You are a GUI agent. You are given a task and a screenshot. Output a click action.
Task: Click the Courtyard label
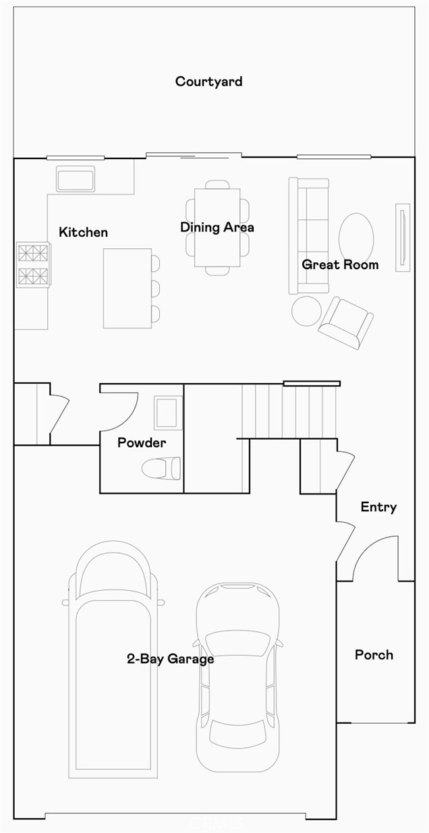(x=208, y=82)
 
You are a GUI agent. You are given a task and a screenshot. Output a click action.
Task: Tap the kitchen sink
(x=76, y=179)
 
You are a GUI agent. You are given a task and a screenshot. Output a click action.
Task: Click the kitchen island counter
(x=127, y=288)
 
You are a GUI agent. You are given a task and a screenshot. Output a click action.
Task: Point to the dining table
(x=217, y=227)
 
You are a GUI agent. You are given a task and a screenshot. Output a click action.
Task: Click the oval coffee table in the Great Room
(x=356, y=238)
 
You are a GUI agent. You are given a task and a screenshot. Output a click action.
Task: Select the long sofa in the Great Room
(x=308, y=236)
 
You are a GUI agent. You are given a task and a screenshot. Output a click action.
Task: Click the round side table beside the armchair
(x=306, y=311)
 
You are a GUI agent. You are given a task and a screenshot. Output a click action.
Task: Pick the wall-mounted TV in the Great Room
(x=402, y=237)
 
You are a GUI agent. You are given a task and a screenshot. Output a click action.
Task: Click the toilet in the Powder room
(x=161, y=468)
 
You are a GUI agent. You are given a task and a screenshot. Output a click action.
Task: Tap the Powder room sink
(x=168, y=413)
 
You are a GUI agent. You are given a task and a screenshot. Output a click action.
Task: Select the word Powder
(x=142, y=442)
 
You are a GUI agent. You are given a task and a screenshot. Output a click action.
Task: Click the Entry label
(x=378, y=507)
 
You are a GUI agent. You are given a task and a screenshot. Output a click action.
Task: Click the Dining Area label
(x=217, y=227)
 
